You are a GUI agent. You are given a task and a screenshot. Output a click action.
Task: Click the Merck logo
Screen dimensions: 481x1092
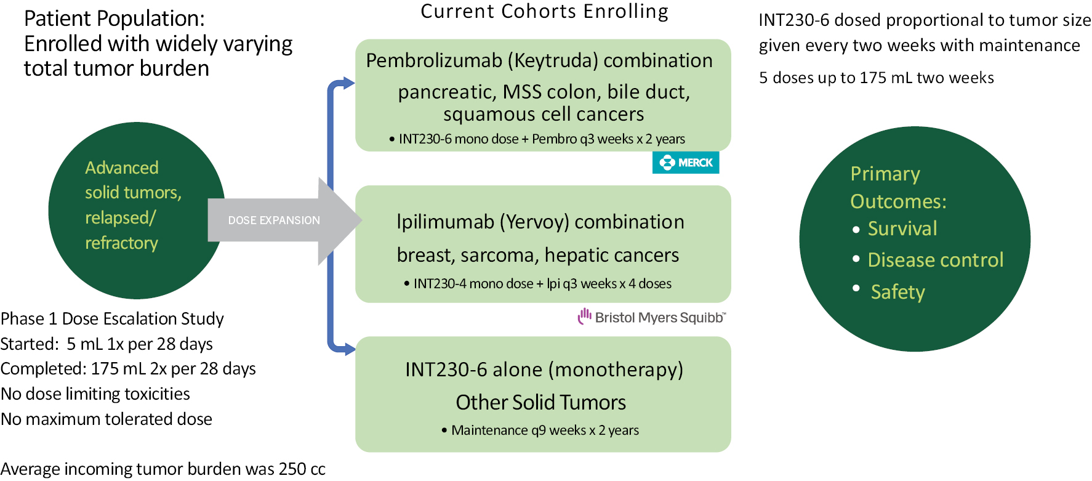[686, 163]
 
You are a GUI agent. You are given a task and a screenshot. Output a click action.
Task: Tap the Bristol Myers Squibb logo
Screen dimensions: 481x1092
[652, 317]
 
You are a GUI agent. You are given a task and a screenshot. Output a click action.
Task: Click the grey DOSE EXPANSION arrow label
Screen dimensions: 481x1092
[274, 220]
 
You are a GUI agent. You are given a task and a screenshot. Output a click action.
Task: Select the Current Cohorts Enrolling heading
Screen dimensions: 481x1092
[544, 12]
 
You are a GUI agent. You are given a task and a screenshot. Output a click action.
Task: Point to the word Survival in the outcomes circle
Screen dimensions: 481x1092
[902, 228]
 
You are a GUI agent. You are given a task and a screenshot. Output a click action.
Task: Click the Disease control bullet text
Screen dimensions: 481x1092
[935, 260]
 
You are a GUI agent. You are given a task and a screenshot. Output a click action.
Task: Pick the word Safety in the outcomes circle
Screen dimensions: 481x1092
[897, 292]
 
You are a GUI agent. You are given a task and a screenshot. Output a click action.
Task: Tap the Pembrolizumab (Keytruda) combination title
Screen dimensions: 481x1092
[539, 60]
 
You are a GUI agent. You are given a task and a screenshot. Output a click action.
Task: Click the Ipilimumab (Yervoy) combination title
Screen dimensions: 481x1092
[540, 222]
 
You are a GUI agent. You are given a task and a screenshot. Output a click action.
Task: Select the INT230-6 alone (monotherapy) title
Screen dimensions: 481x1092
[544, 370]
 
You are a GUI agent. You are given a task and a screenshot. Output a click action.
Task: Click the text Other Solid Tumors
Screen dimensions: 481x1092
[540, 402]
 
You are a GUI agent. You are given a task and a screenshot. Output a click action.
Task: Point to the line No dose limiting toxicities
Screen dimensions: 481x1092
[95, 394]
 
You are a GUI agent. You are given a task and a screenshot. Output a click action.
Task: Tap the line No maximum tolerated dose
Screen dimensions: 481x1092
[106, 419]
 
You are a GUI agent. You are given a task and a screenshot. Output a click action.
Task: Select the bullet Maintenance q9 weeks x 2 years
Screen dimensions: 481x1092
[545, 430]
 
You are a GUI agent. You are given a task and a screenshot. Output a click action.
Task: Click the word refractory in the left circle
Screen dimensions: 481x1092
[121, 243]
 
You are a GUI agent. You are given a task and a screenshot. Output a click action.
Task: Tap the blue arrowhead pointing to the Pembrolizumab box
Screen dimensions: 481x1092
[348, 83]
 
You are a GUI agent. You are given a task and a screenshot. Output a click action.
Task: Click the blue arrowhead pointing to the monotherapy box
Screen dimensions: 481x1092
[349, 349]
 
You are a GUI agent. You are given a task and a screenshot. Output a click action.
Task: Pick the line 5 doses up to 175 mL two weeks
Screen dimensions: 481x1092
[877, 78]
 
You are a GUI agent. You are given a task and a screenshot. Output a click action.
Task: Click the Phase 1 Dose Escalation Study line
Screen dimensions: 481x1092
[112, 318]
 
